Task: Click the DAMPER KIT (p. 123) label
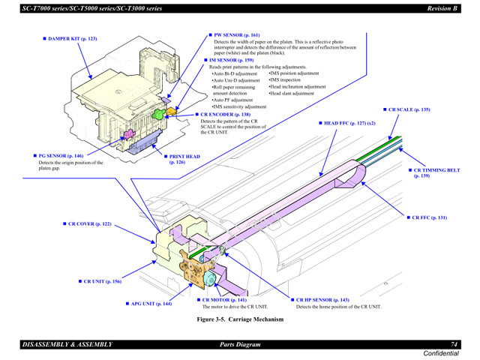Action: (73, 37)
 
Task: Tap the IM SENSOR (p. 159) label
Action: (235, 60)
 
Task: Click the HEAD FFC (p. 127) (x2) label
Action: (349, 122)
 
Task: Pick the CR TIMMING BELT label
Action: (437, 170)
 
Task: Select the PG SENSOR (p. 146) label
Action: (61, 156)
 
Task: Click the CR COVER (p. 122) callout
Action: (87, 224)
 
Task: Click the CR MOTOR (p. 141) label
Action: (224, 300)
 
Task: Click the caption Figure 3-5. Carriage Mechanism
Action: (240, 319)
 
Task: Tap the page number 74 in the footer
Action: (454, 343)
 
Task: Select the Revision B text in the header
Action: (442, 7)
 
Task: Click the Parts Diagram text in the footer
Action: (234, 344)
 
